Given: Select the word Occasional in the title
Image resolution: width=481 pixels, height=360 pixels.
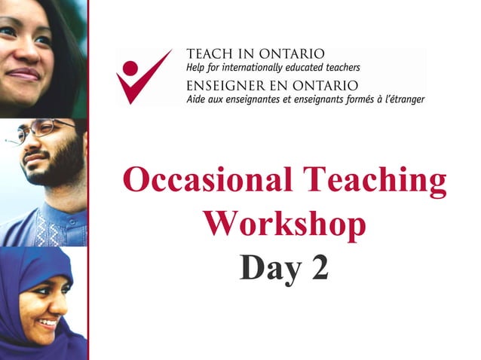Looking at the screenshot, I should pyautogui.click(x=204, y=182).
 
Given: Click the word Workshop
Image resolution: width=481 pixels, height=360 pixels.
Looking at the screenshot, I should pyautogui.click(x=284, y=224).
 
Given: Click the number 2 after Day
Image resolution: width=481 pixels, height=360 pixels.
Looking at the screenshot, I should pyautogui.click(x=318, y=269).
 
